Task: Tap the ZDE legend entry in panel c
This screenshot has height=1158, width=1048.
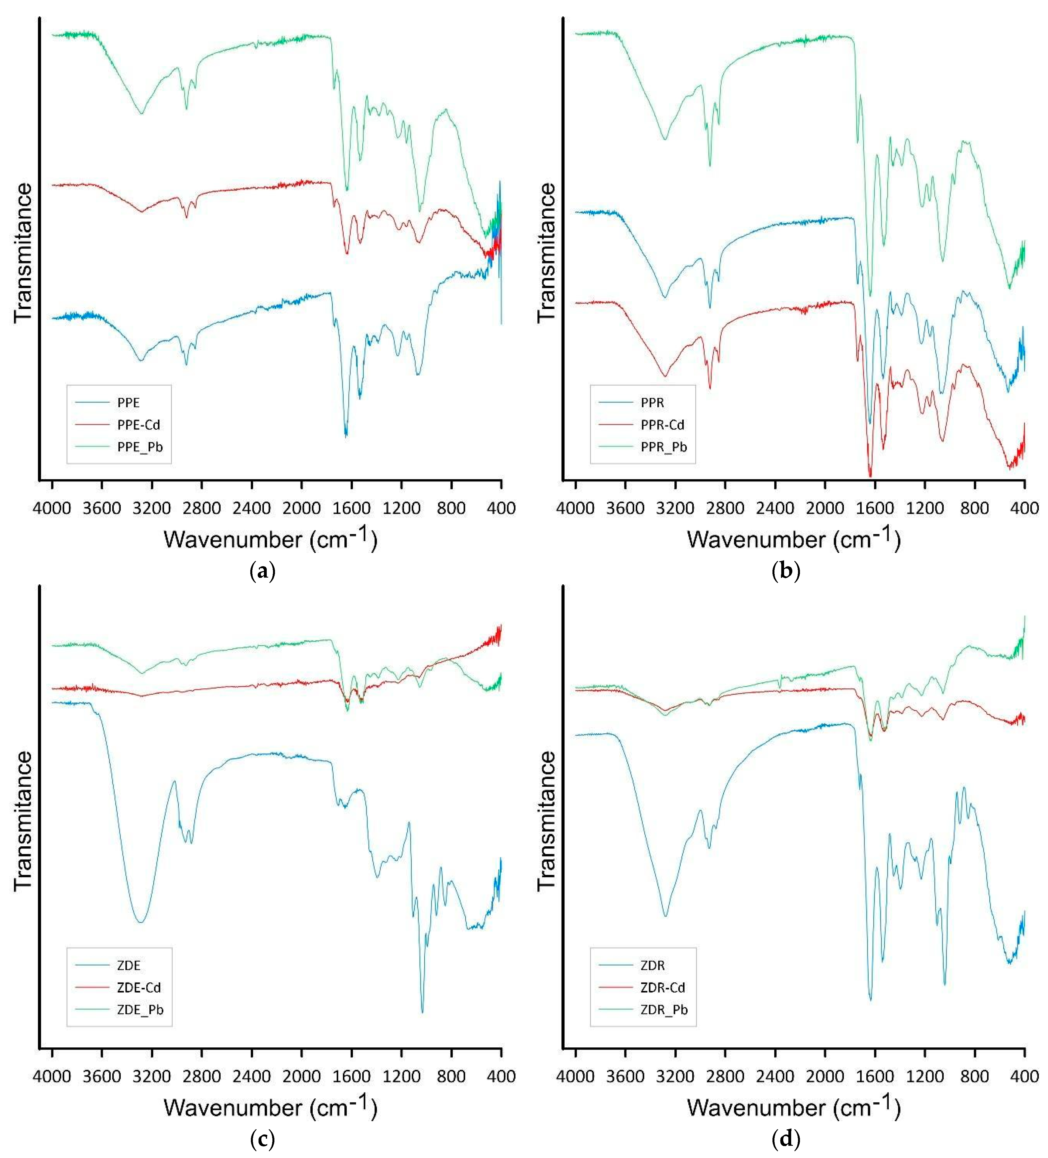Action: coord(129,966)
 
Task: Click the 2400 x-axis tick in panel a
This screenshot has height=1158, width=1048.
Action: coord(251,508)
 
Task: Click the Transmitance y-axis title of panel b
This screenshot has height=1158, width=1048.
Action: coord(548,253)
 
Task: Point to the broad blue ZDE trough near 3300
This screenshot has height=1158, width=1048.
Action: coord(141,922)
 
